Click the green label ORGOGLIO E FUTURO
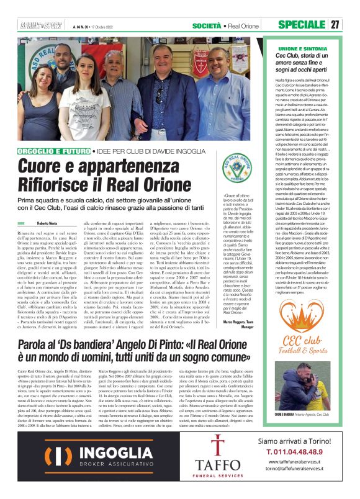point(54,151)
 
